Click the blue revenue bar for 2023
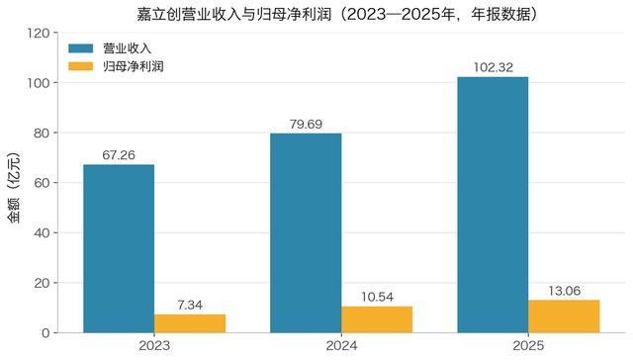tap(119, 248)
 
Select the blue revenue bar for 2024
tap(306, 232)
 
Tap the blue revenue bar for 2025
tap(493, 205)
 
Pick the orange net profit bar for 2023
tap(190, 323)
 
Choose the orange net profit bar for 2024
tap(377, 319)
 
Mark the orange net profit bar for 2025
tap(564, 316)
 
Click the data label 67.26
tap(119, 155)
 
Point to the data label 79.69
tap(306, 124)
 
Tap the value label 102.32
tap(493, 67)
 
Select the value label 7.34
tap(190, 306)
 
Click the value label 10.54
tap(377, 297)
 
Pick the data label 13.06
tap(564, 291)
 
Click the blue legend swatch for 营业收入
tap(81, 48)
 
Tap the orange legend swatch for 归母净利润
tap(81, 66)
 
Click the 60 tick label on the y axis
tap(42, 183)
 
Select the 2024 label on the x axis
tap(341, 346)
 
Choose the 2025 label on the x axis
tap(528, 346)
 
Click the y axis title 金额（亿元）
tap(13, 188)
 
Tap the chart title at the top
tap(337, 14)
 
